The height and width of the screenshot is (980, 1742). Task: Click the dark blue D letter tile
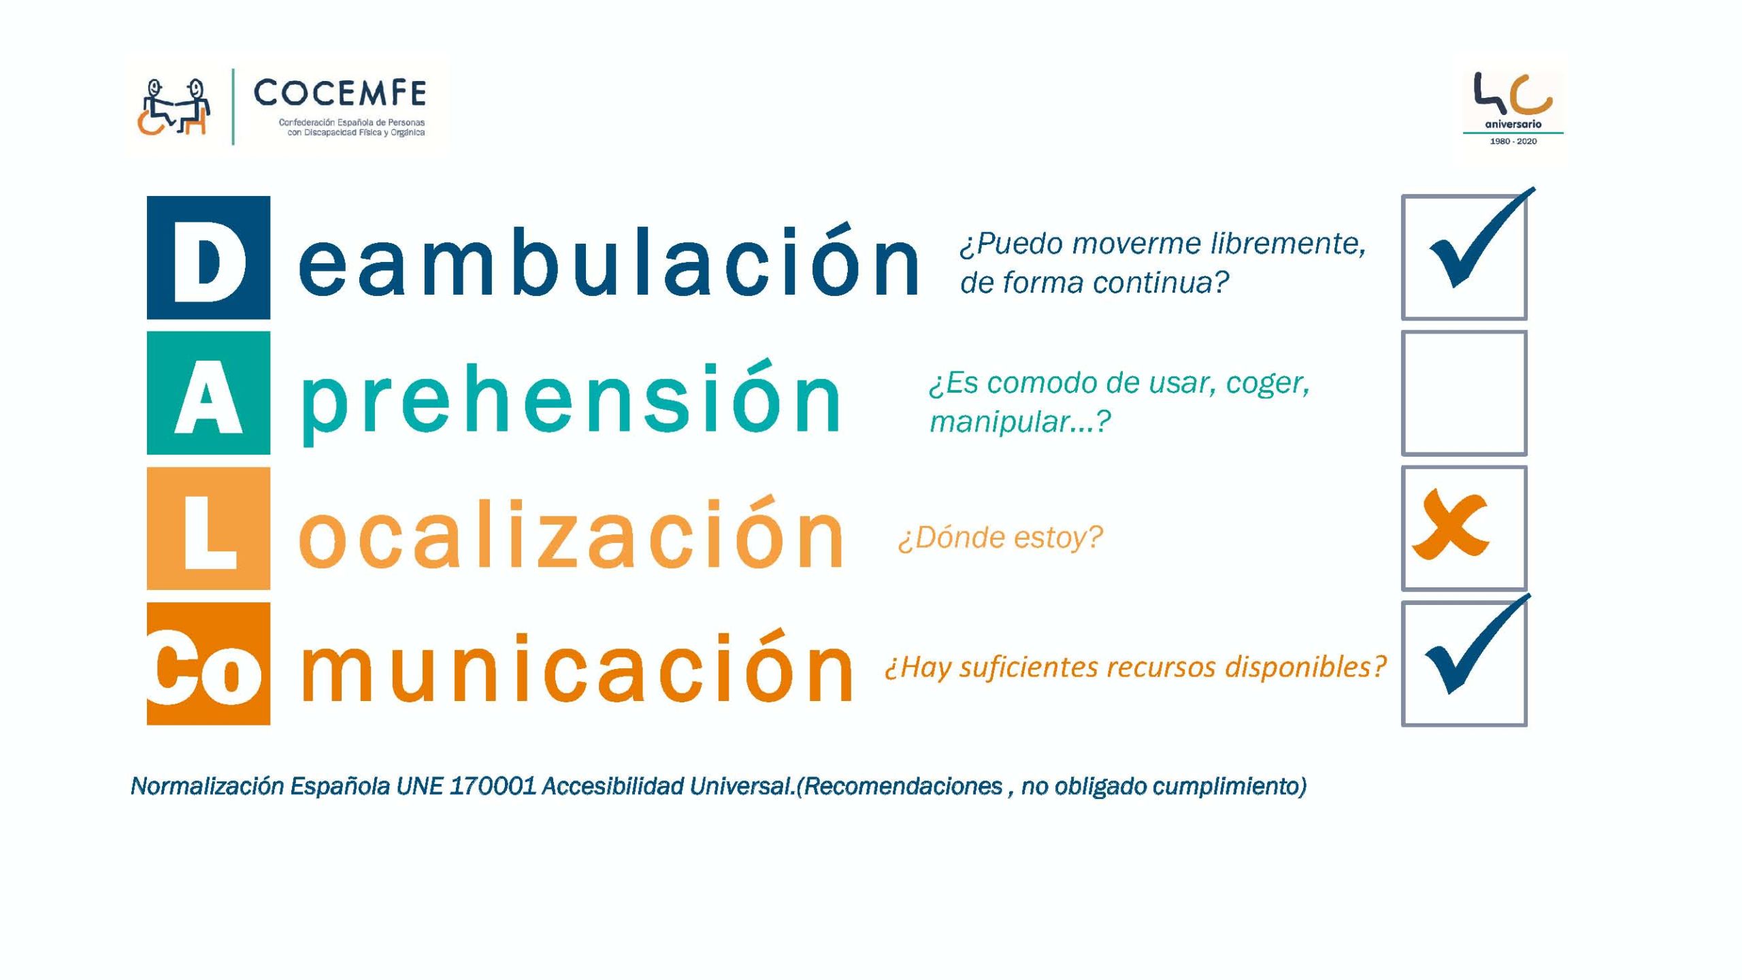[x=208, y=257]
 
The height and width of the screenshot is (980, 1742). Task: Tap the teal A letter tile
[x=208, y=393]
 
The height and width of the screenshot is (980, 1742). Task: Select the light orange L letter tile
[x=208, y=528]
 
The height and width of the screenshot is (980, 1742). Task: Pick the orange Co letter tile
[x=208, y=664]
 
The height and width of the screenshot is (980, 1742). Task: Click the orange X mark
[x=1450, y=524]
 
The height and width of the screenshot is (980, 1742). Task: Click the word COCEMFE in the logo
[x=340, y=93]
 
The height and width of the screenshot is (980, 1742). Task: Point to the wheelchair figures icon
[x=173, y=107]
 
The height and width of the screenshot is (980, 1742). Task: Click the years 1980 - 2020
[x=1513, y=142]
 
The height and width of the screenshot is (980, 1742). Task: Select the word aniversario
[x=1513, y=125]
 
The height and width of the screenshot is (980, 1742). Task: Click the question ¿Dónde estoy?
[x=1000, y=538]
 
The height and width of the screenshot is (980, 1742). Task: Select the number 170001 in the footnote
[x=493, y=786]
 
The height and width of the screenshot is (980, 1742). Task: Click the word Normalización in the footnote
[x=207, y=786]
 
